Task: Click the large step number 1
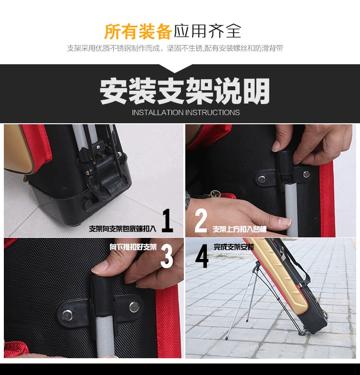point(168,220)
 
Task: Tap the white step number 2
point(201,220)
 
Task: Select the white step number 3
point(167,256)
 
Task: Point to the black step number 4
point(202,256)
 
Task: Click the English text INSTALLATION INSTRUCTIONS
point(186,112)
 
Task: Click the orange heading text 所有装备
point(138,31)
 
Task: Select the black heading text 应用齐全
point(207,31)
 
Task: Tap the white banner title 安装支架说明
point(184,91)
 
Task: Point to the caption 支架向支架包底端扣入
point(122,229)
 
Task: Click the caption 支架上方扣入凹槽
point(240,229)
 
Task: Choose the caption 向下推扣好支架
point(133,247)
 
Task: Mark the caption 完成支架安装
point(234,247)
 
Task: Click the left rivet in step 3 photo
point(67,315)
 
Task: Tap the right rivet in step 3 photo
point(134,306)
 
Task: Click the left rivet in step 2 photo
point(262,179)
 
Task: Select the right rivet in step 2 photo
point(306,174)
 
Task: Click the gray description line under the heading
point(175,48)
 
